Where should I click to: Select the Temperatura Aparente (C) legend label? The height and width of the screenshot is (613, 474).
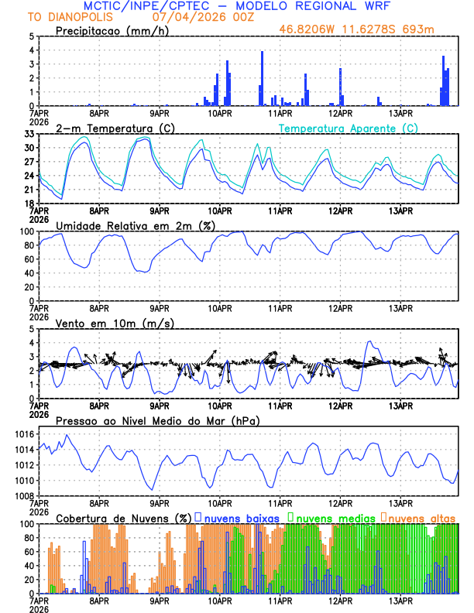click(349, 128)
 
